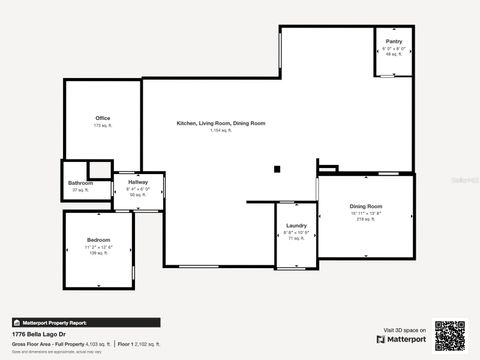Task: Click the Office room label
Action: [x=101, y=118]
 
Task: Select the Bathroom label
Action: [x=80, y=183]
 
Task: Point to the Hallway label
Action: [x=138, y=182]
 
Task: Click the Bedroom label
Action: [x=98, y=240]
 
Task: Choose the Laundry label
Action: [x=295, y=225]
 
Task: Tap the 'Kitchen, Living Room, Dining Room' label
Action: [x=221, y=122]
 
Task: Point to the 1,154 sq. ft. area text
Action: [x=221, y=131]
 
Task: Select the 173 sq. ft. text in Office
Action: [x=101, y=126]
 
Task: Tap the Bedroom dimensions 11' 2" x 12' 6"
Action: [x=98, y=247]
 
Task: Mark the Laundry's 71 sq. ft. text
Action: [x=295, y=238]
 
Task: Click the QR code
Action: [x=449, y=335]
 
